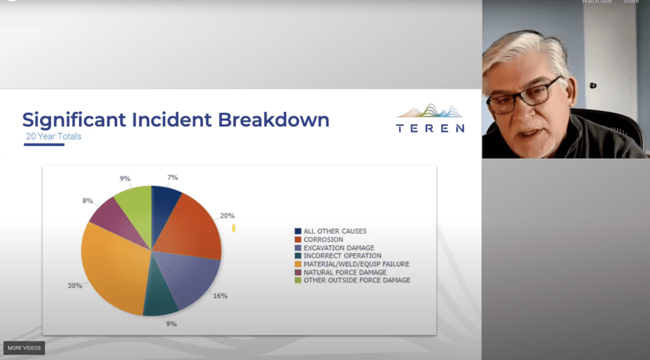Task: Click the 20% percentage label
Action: (227, 216)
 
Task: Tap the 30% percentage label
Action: (75, 286)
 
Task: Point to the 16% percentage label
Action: (220, 296)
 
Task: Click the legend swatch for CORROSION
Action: (298, 239)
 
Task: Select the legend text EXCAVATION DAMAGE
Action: (339, 248)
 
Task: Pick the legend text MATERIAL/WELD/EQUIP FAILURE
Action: (356, 263)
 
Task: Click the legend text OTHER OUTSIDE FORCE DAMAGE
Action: (357, 281)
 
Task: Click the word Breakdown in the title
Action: (274, 119)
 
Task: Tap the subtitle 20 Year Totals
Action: (53, 137)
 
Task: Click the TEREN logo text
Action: (430, 128)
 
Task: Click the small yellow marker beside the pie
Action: (234, 228)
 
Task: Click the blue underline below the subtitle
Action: (44, 145)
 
